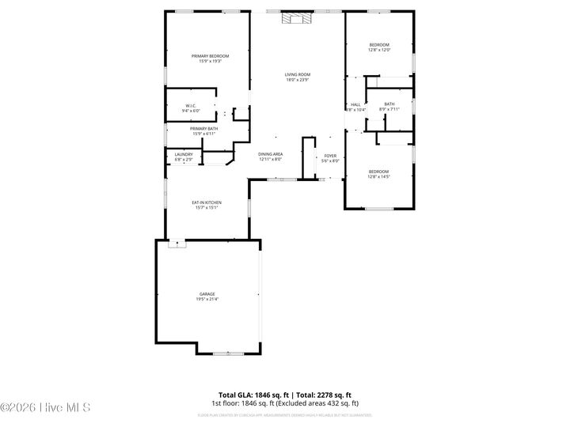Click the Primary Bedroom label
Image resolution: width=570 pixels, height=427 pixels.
coord(210,55)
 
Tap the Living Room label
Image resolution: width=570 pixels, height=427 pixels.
coord(298,74)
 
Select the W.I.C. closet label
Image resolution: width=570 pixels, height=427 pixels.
coord(191,106)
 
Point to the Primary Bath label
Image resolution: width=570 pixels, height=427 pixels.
coord(203,128)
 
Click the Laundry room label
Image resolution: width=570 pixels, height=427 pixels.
coord(184,154)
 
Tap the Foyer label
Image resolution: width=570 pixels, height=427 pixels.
coord(330,156)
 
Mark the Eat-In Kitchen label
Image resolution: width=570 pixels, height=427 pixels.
coord(207,202)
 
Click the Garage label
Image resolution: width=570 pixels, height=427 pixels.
coord(207,294)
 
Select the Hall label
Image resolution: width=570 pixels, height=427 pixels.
coord(355,104)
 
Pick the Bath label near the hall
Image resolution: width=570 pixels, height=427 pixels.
coord(389,104)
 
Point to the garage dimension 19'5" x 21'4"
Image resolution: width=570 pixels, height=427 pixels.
coord(207,299)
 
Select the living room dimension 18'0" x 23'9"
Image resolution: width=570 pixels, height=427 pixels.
coord(298,79)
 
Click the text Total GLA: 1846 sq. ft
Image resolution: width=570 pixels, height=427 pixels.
coord(253,395)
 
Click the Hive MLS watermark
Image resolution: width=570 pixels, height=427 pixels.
coord(46,407)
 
